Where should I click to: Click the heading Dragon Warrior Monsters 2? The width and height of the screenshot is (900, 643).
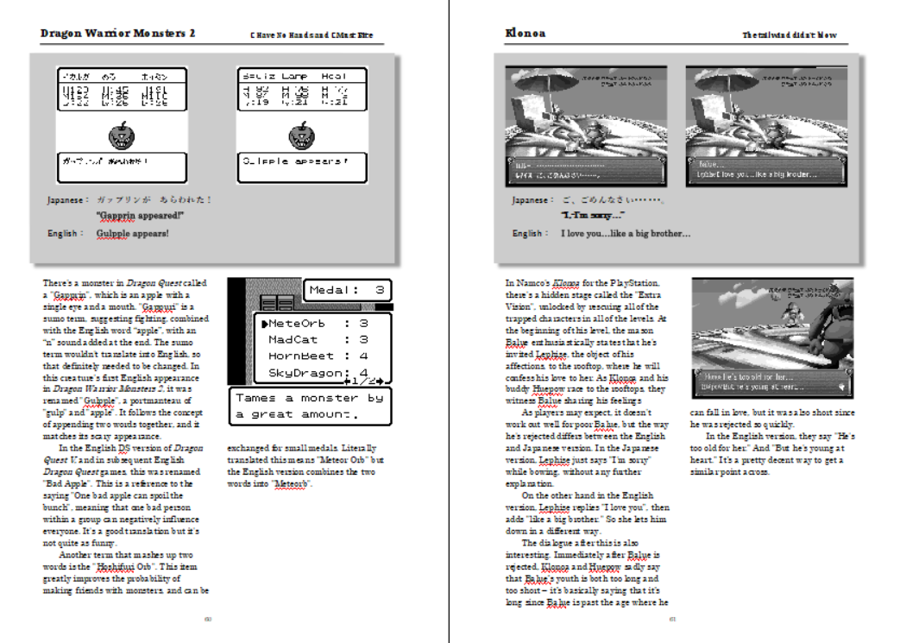[117, 34]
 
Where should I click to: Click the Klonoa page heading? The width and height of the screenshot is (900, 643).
[525, 34]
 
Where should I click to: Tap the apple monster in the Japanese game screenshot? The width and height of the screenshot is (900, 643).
[122, 136]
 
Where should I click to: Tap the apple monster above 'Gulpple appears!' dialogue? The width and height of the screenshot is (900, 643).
[302, 136]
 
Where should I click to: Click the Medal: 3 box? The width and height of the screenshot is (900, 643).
[348, 290]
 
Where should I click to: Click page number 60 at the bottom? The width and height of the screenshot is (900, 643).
[208, 619]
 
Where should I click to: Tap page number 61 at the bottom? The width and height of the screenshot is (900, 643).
[672, 619]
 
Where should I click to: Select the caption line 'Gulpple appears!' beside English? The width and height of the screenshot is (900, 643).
[133, 233]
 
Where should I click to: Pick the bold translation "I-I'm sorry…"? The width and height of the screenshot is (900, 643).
[593, 216]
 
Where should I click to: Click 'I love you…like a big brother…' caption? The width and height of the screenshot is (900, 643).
[626, 233]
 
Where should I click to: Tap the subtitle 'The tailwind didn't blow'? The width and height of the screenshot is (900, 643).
[790, 35]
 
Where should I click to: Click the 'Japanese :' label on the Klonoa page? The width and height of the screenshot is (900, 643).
[530, 199]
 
